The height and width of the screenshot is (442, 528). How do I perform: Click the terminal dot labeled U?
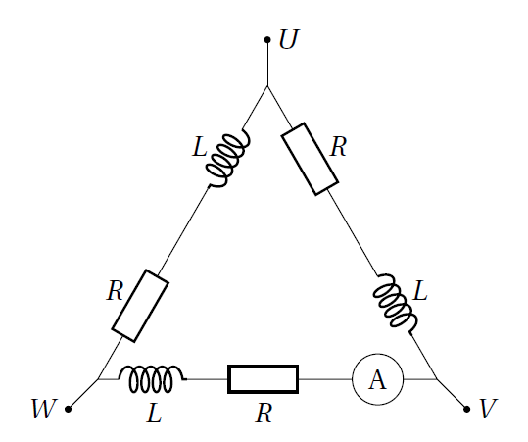tap(267, 40)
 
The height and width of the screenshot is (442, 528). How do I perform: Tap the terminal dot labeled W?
tap(68, 409)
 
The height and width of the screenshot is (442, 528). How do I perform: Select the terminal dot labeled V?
tap(466, 409)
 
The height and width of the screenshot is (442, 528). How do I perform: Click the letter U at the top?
tap(289, 40)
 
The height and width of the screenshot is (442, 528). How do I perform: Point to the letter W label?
tap(44, 409)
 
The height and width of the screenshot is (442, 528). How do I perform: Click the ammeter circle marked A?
tap(377, 379)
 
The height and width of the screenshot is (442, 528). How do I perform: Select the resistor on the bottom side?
tap(263, 379)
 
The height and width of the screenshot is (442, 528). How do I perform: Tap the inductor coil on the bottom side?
tap(152, 378)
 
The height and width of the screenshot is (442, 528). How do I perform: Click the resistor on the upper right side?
tap(310, 159)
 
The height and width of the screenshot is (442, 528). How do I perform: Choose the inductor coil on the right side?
tap(395, 304)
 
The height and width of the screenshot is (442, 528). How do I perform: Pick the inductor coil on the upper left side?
tap(227, 159)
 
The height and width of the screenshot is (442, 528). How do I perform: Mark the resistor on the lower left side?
tap(140, 306)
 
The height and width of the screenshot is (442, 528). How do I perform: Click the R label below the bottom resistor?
tap(264, 413)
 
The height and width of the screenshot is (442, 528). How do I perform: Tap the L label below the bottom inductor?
tap(154, 413)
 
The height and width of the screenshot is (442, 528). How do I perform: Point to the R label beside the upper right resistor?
tap(338, 147)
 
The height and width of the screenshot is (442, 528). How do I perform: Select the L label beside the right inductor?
tap(420, 290)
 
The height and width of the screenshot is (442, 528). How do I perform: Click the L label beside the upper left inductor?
tap(200, 147)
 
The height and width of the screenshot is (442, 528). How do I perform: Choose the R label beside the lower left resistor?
tap(116, 290)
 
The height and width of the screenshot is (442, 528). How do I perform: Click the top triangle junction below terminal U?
tap(267, 86)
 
